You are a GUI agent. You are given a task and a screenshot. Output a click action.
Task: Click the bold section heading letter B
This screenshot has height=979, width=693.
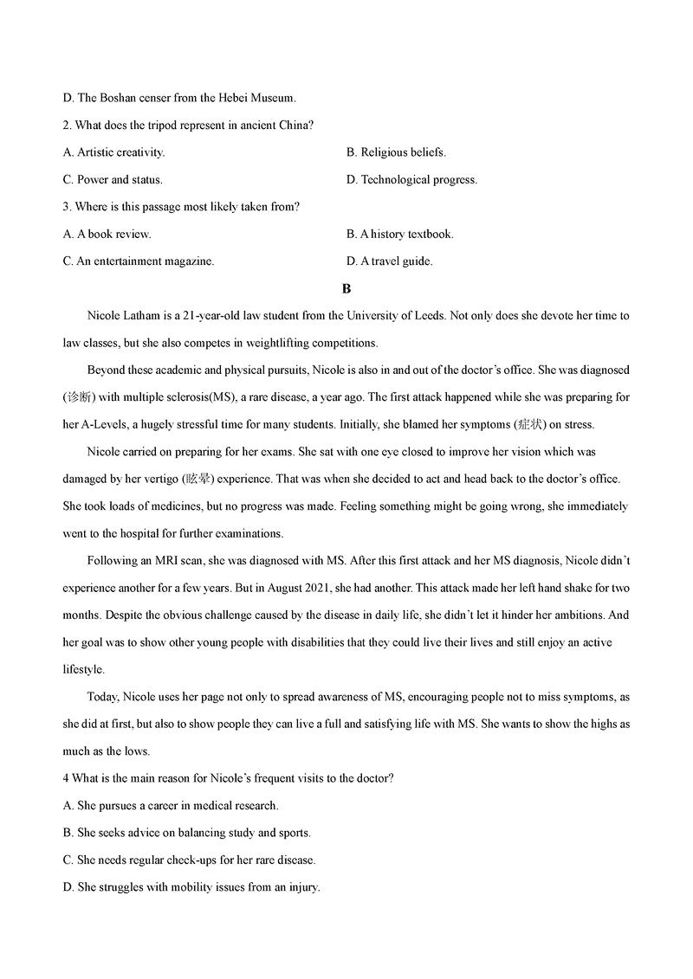pyautogui.click(x=346, y=288)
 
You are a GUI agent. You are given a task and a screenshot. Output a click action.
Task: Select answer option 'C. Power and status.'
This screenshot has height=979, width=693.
pyautogui.click(x=113, y=180)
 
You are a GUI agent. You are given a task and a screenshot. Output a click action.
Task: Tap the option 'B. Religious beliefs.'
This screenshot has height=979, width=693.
pyautogui.click(x=396, y=152)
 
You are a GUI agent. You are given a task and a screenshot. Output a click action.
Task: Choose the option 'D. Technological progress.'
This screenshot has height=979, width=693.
pyautogui.click(x=411, y=180)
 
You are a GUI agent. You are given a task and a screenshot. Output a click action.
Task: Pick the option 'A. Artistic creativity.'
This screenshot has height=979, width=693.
pyautogui.click(x=113, y=152)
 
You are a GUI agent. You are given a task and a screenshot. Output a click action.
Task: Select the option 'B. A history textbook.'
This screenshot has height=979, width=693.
pyautogui.click(x=399, y=234)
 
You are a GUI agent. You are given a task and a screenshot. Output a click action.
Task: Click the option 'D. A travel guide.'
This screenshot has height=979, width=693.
pyautogui.click(x=389, y=261)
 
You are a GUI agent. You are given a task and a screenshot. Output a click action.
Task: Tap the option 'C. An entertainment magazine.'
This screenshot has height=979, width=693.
pyautogui.click(x=139, y=261)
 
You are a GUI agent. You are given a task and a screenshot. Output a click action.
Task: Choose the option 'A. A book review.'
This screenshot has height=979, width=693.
pyautogui.click(x=107, y=234)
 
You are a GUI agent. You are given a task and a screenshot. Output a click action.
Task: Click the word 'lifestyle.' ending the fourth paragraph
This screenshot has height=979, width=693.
pyautogui.click(x=83, y=669)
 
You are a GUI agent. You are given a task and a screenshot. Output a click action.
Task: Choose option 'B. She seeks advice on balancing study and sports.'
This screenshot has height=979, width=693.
pyautogui.click(x=187, y=833)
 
